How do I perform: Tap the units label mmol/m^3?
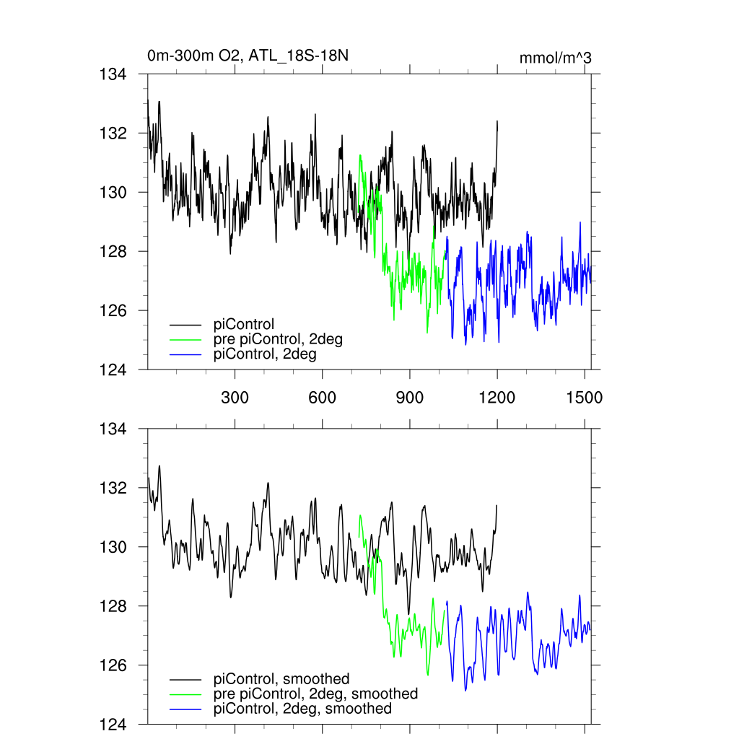click(x=555, y=58)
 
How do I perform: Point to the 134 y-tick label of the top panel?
click(x=113, y=74)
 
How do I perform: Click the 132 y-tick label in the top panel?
click(x=113, y=134)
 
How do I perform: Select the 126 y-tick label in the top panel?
click(x=113, y=310)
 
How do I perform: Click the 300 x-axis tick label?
click(x=235, y=398)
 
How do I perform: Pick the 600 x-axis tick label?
click(x=322, y=398)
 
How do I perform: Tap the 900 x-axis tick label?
click(x=409, y=398)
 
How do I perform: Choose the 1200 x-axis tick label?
click(x=497, y=398)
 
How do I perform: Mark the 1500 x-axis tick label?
click(x=585, y=398)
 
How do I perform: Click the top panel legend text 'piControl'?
click(x=244, y=324)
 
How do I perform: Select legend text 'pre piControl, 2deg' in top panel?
click(x=278, y=339)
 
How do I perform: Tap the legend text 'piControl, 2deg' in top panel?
click(x=265, y=354)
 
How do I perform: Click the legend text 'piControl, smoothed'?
click(x=281, y=678)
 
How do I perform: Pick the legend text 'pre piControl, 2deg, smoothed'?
click(x=315, y=694)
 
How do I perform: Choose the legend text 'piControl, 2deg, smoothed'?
click(x=302, y=709)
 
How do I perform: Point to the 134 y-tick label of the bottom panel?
click(x=113, y=429)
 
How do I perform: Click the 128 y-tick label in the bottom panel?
click(x=113, y=606)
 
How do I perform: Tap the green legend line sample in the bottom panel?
click(x=185, y=694)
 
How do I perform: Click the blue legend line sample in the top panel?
click(x=185, y=355)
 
